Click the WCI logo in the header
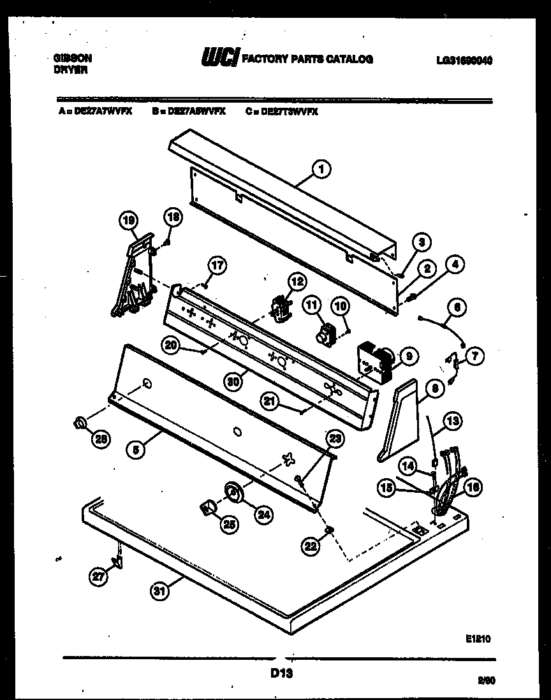pos(219,59)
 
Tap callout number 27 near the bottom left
pos(98,578)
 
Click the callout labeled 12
pos(296,281)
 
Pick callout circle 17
pos(217,266)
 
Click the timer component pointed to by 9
pos(374,364)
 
